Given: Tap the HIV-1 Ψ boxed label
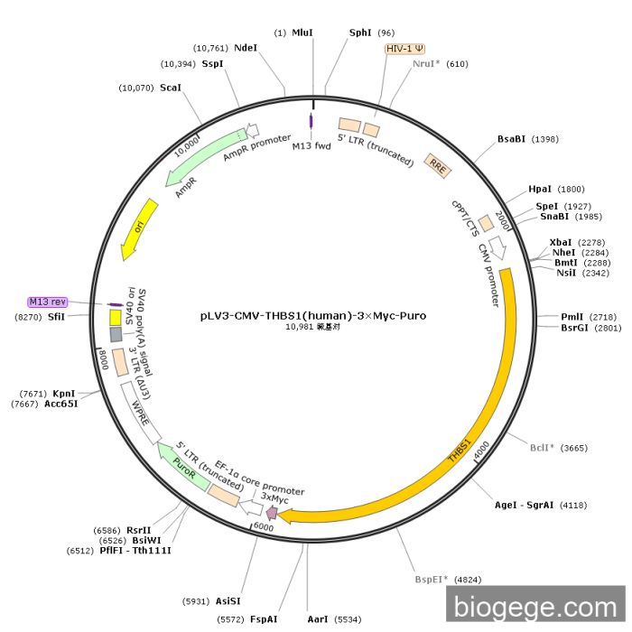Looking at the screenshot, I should pos(404,49).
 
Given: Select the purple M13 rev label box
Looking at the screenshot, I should pos(48,302).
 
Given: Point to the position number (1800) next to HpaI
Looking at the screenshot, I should pos(571,189).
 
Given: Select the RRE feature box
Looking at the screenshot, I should pos(437,165).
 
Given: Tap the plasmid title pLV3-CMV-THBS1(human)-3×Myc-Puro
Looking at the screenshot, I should pos(313,317).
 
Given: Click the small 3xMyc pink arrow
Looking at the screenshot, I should pos(271,512).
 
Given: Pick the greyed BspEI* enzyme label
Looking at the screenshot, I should pos(432,579).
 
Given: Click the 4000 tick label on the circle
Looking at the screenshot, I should pos(482,447).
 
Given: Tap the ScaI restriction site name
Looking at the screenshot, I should pos(171,88).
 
